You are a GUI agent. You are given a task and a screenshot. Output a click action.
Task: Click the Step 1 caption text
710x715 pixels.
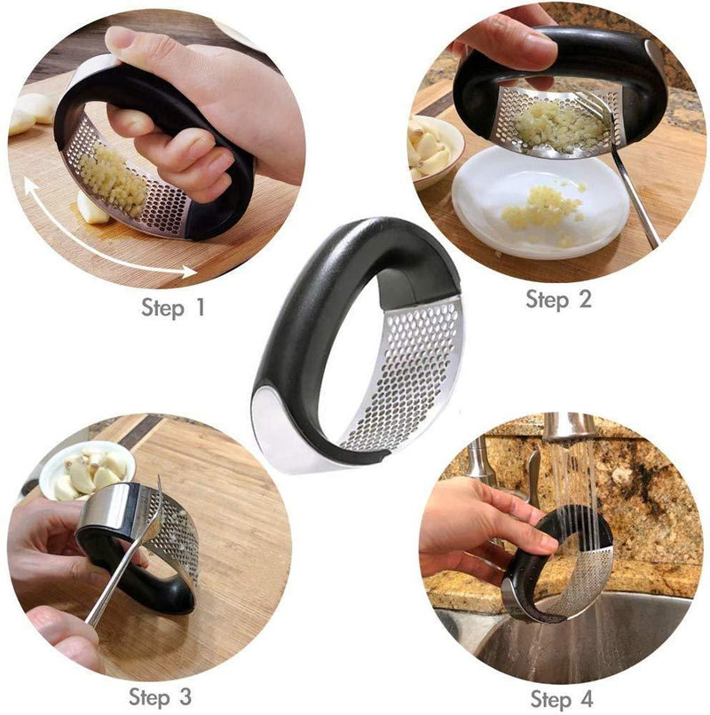pos(173,309)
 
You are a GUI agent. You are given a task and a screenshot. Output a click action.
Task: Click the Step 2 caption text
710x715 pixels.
pos(558,300)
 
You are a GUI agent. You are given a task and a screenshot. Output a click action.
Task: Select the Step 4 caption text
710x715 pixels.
pos(561,696)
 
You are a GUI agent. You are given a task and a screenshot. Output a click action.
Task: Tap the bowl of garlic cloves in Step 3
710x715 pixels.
pos(85,471)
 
